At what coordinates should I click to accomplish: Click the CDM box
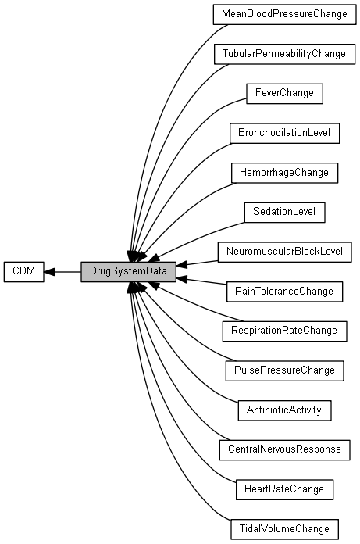(x=24, y=272)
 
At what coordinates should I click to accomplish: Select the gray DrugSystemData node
(x=128, y=272)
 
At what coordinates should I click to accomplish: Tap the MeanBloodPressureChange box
(x=284, y=15)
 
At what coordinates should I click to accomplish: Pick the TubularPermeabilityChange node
(x=284, y=54)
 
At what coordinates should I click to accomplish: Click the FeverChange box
(x=284, y=94)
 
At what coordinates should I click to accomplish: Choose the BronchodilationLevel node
(x=284, y=133)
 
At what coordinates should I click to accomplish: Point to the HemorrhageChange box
(x=284, y=173)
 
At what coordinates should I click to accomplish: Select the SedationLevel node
(x=284, y=213)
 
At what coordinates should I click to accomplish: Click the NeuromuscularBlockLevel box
(x=284, y=252)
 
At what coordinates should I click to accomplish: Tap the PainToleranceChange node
(x=284, y=292)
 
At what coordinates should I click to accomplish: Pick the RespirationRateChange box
(x=284, y=331)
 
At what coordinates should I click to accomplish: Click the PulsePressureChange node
(x=284, y=370)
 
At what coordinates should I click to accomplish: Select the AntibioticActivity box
(x=284, y=410)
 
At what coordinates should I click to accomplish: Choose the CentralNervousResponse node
(x=284, y=450)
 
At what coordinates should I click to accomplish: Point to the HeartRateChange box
(x=284, y=489)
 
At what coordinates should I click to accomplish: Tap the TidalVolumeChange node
(x=284, y=529)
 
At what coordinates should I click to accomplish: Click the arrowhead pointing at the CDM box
(x=49, y=272)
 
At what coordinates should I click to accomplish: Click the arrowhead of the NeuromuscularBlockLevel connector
(x=181, y=265)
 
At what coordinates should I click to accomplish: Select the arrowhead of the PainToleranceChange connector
(x=181, y=278)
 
